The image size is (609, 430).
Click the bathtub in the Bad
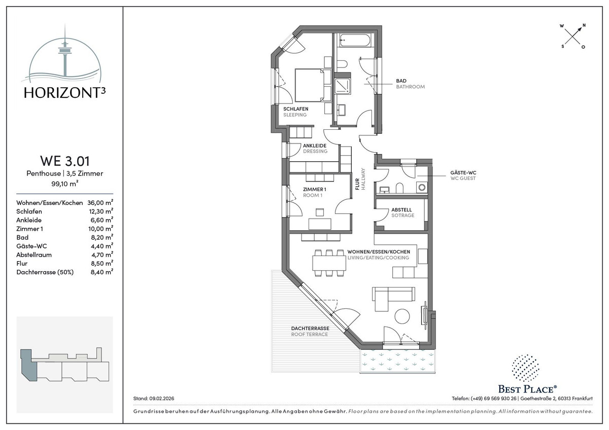[x=355, y=41]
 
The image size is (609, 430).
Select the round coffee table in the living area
[x=402, y=316]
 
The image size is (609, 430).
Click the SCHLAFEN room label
[x=296, y=109]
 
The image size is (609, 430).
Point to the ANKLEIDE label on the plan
[x=315, y=146]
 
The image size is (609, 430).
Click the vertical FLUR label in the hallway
[x=357, y=184]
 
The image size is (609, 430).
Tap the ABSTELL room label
[x=401, y=210]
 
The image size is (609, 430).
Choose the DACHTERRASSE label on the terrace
[x=310, y=328]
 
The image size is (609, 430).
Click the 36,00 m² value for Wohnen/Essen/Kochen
[x=100, y=202]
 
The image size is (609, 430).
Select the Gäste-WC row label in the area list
[x=31, y=246]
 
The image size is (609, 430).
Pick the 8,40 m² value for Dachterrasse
[x=102, y=272]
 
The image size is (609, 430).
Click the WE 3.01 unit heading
[x=65, y=161]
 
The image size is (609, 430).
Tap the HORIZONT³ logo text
[x=65, y=93]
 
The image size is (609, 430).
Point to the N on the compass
[x=584, y=25]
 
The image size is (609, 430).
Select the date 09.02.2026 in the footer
[x=162, y=399]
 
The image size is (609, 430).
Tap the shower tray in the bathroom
[x=343, y=86]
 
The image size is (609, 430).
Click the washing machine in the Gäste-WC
[x=422, y=187]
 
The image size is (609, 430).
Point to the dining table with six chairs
[x=329, y=263]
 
